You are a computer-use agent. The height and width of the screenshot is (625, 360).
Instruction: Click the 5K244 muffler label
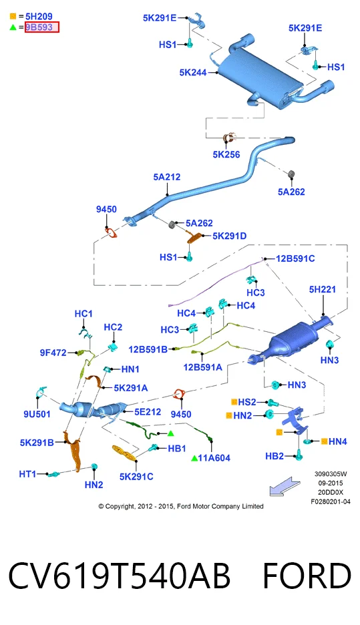pos(193,73)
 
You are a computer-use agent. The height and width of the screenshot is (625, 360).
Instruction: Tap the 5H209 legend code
pos(39,16)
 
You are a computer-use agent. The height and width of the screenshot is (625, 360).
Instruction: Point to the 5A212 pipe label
pos(167,177)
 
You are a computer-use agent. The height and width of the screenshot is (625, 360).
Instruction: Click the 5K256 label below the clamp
pos(226,155)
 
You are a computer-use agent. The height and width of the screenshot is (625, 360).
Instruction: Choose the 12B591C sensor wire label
pos(295,258)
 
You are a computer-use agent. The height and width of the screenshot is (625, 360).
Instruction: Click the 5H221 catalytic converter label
pos(323,289)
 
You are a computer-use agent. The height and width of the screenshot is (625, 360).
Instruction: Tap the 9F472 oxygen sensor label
pos(53,353)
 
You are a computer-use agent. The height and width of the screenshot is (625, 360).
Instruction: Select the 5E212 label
pos(148,412)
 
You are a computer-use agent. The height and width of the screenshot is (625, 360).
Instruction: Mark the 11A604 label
pos(214,458)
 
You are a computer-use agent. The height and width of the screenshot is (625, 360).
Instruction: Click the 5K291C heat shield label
pos(136,476)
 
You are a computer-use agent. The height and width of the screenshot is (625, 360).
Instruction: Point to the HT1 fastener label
pos(27,474)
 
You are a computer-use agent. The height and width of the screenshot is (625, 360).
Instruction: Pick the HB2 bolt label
pos(275,456)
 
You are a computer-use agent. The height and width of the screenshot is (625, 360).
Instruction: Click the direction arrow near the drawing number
pos(285,486)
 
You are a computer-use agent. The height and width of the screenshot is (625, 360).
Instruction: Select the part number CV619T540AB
pos(119,576)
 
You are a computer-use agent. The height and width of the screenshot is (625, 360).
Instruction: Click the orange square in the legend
pos(13,16)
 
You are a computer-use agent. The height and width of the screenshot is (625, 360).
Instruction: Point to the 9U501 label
pos(37,414)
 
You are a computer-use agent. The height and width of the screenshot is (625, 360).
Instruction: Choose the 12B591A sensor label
pos(202,367)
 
